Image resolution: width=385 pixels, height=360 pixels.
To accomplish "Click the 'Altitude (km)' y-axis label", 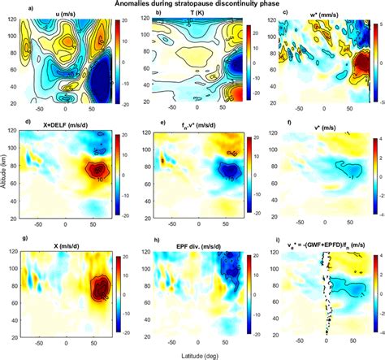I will [x=6, y=179].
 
